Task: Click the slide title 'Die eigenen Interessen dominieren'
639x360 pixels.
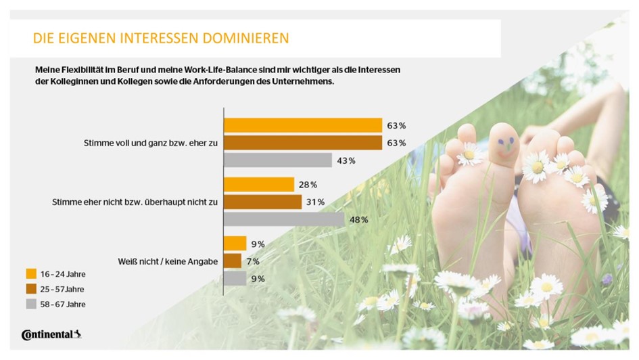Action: (161, 38)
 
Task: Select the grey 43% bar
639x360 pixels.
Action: (277, 160)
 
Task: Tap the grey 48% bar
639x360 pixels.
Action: (284, 219)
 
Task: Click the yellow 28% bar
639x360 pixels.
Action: (259, 185)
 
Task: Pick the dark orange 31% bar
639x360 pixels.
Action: (262, 202)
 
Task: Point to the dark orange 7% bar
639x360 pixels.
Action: (232, 261)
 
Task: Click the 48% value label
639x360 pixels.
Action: (359, 219)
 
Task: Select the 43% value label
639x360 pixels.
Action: (346, 160)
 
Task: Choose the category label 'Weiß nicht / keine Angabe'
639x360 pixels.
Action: (168, 261)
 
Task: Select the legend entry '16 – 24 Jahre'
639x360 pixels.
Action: (62, 274)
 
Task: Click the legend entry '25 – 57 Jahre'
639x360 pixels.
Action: (62, 289)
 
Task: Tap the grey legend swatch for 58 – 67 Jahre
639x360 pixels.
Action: (31, 304)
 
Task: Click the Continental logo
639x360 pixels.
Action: (51, 334)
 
